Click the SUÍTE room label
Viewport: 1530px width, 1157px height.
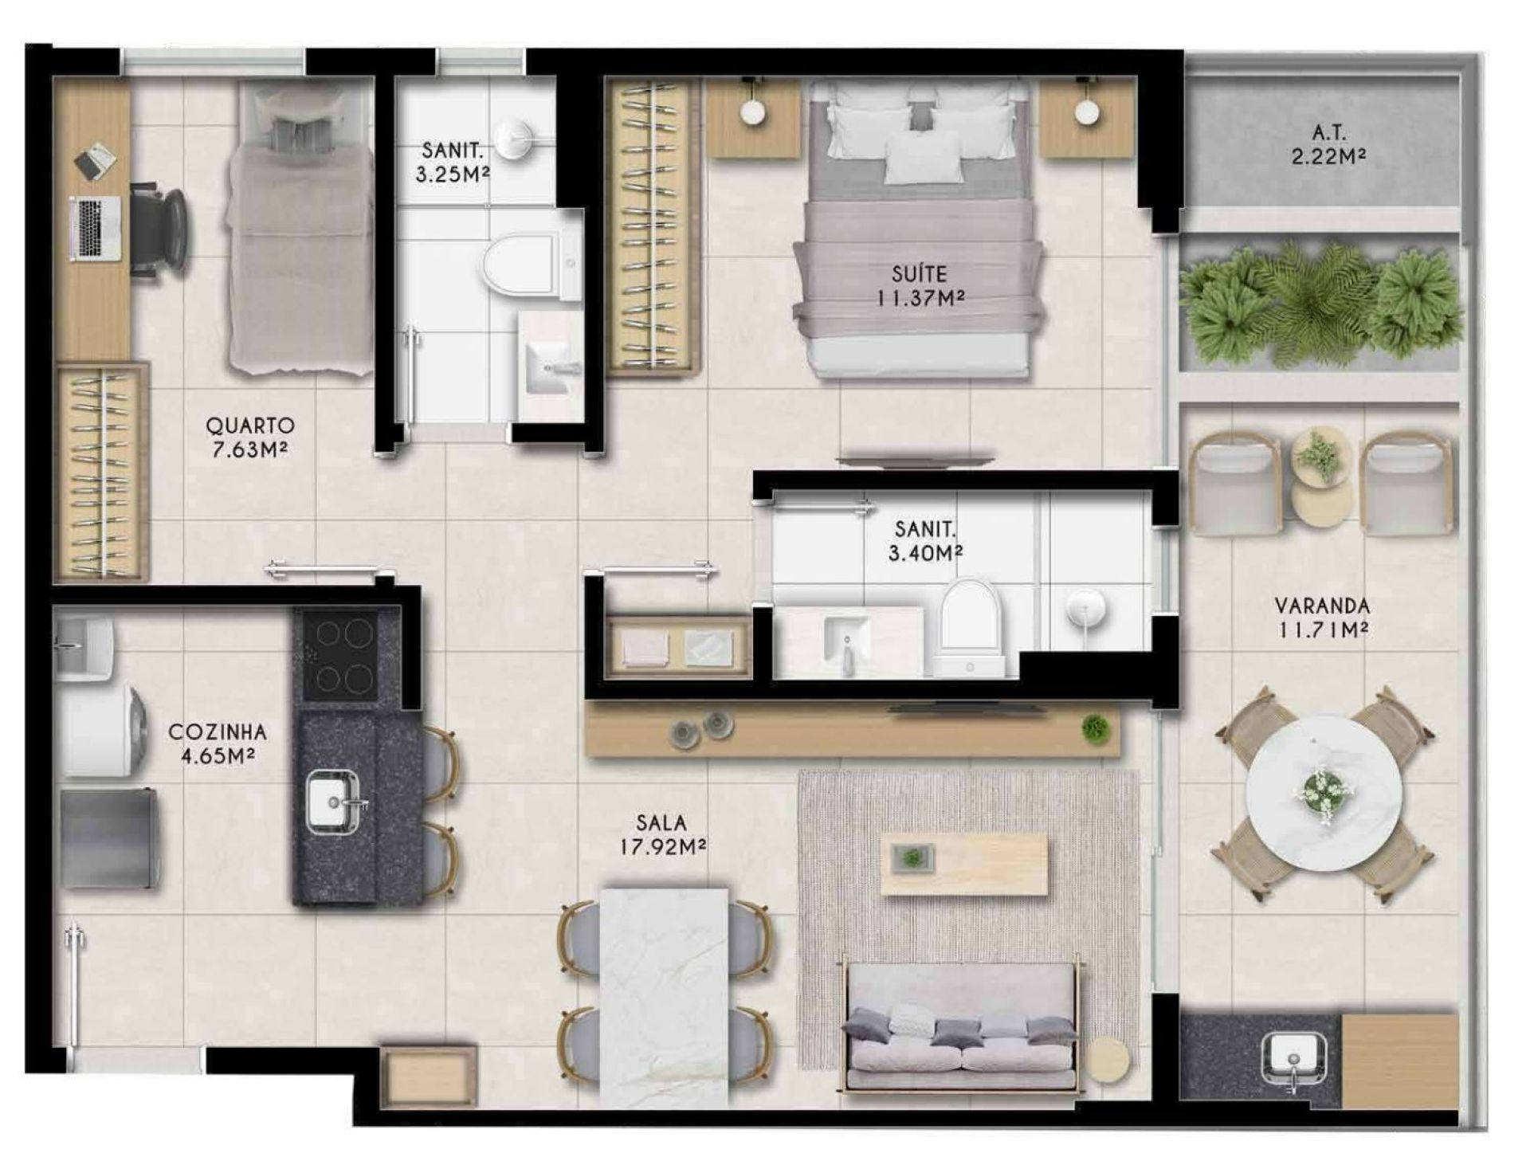919,274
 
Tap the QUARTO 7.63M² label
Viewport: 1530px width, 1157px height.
249,437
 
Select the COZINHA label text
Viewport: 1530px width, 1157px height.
218,731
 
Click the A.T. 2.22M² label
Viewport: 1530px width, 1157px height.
1328,144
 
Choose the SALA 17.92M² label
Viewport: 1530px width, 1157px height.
662,834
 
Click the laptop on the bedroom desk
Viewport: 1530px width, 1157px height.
95,228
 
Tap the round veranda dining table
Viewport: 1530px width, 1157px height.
1324,794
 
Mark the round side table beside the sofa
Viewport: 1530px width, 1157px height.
1108,1060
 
